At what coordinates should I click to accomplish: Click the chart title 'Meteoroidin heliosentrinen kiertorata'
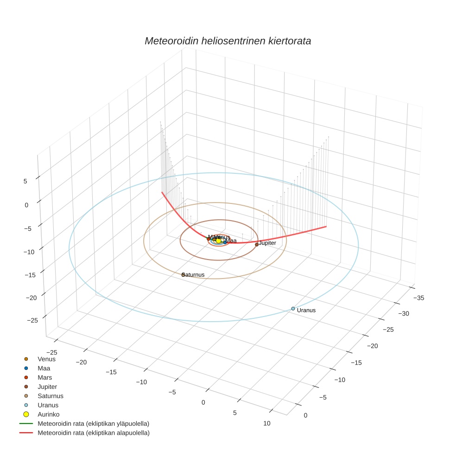point(228,41)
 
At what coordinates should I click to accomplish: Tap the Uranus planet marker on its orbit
point(293,309)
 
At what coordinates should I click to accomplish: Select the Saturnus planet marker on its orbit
point(183,275)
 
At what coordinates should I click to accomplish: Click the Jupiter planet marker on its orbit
point(257,244)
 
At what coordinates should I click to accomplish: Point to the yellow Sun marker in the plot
point(219,241)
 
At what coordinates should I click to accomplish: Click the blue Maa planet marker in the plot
point(225,242)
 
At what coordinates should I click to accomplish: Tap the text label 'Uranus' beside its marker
point(306,310)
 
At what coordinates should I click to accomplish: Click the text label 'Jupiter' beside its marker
point(267,243)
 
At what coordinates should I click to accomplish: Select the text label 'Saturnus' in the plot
point(194,275)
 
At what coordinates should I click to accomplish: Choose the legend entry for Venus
point(46,359)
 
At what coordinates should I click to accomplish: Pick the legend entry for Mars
point(44,377)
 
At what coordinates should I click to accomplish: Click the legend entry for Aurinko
point(48,414)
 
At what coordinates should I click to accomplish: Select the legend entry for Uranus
point(48,405)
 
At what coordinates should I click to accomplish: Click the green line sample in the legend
point(26,424)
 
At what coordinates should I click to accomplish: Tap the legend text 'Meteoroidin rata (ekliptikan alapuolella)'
point(94,433)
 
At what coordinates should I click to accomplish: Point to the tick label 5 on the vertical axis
point(25,182)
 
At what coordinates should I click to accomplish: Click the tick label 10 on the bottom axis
point(266,423)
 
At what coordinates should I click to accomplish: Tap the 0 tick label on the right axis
point(305,415)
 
